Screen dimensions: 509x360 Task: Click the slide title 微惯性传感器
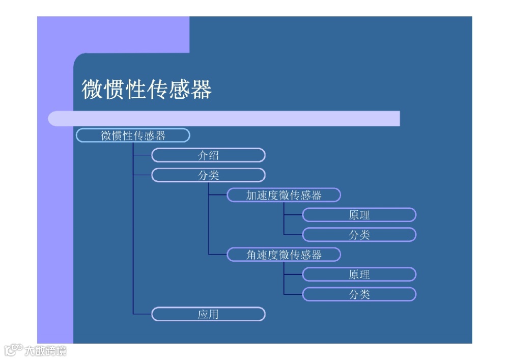pos(147,90)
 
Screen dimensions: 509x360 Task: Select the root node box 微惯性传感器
pos(133,135)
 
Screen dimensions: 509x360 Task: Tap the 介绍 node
pos(208,155)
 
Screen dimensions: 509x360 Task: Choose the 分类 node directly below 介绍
pos(208,175)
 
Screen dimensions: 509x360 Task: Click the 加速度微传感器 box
pos(284,195)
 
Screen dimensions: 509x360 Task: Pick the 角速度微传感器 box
pos(284,255)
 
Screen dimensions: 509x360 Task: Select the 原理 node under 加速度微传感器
pos(359,215)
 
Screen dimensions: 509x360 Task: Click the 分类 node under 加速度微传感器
pos(359,235)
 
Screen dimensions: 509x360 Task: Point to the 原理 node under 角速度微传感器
pos(359,274)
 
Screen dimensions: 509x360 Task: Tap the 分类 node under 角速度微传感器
pos(359,294)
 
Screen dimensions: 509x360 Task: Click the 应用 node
pos(208,314)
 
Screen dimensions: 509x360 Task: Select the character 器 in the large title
pos(201,90)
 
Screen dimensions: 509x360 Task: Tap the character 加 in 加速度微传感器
pos(252,196)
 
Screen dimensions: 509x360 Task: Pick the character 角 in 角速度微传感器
pos(252,255)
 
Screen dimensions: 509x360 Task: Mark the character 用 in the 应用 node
pos(213,314)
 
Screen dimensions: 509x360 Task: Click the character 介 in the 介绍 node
pos(203,155)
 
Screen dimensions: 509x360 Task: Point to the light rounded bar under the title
pos(224,119)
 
